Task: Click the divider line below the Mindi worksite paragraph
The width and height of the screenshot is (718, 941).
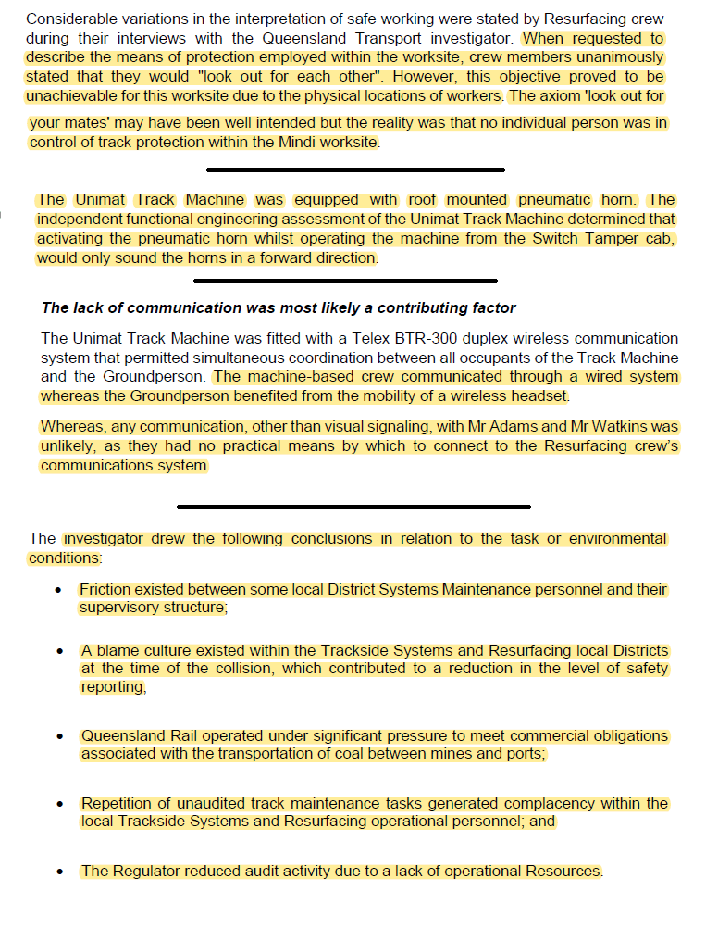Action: pyautogui.click(x=355, y=169)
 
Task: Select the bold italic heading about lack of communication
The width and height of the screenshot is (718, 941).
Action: pyautogui.click(x=279, y=307)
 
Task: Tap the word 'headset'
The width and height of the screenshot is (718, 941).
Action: pyautogui.click(x=540, y=395)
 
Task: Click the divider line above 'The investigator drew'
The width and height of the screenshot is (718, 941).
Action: pyautogui.click(x=353, y=507)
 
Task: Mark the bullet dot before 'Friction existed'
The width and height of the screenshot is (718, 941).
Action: pyautogui.click(x=59, y=590)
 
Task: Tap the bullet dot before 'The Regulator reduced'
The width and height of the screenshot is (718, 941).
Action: pyautogui.click(x=59, y=872)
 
